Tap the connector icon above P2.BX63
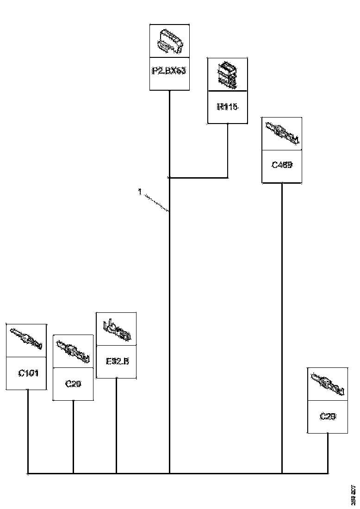coord(169,41)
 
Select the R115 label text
coord(227,107)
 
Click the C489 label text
coord(282,165)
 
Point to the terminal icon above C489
coord(282,134)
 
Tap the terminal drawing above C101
coord(26,341)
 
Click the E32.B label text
coord(116,361)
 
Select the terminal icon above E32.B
coord(116,329)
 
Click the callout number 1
coord(139,191)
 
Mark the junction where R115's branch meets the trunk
coord(170,177)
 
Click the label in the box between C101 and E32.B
coord(73,383)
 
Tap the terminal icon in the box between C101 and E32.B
coord(73,351)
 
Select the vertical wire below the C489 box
coord(282,324)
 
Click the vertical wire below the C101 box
coord(28,430)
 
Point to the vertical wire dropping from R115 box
coord(227,150)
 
